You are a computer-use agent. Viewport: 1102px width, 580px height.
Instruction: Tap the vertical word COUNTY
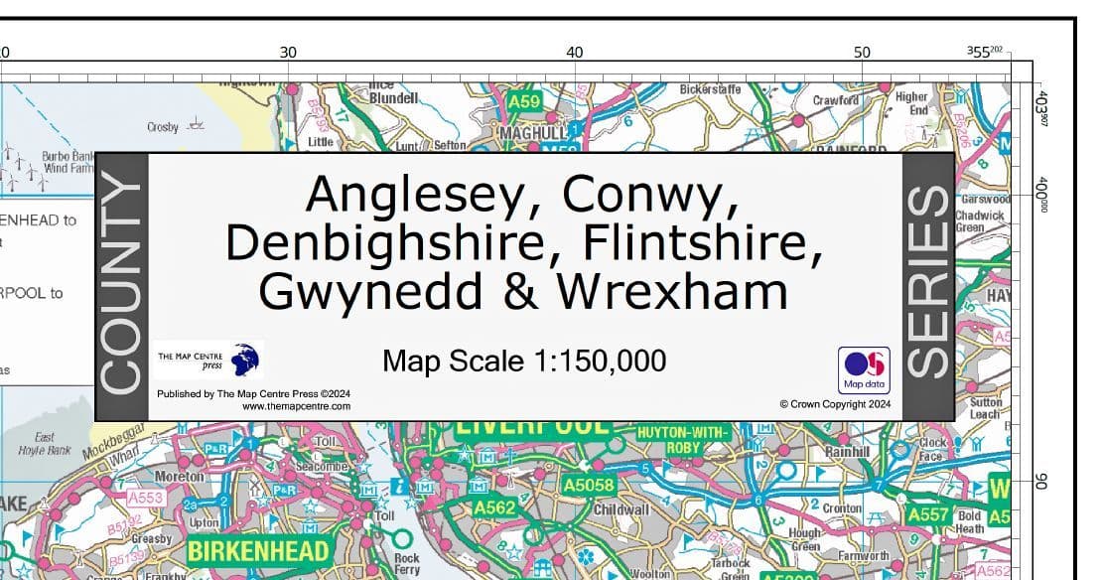tap(122, 286)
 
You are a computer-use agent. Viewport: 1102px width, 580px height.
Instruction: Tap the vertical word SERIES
tap(928, 284)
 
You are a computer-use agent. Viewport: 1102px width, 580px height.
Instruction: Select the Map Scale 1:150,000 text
tap(524, 361)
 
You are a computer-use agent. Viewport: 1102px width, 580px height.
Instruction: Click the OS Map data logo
tap(864, 369)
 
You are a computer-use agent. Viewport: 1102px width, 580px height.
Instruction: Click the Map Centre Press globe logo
tap(245, 359)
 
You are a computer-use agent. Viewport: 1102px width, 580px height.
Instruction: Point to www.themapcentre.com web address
tap(296, 406)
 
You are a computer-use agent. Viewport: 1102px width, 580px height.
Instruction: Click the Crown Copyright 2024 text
tap(835, 404)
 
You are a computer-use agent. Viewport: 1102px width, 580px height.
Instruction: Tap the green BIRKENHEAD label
tap(257, 550)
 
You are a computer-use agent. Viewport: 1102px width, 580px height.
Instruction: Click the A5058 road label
tap(589, 486)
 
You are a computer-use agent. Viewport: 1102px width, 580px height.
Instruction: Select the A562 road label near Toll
tap(493, 507)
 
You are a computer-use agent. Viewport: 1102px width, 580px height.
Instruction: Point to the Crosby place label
tap(163, 127)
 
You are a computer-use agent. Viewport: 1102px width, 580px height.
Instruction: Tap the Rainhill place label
tap(847, 452)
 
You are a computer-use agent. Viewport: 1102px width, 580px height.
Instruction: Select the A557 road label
tap(927, 515)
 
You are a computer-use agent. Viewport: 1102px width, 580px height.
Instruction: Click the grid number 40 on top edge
tap(574, 52)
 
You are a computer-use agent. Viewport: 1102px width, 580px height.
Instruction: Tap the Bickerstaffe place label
tap(710, 89)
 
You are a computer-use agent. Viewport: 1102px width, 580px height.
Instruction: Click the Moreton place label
tap(180, 478)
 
